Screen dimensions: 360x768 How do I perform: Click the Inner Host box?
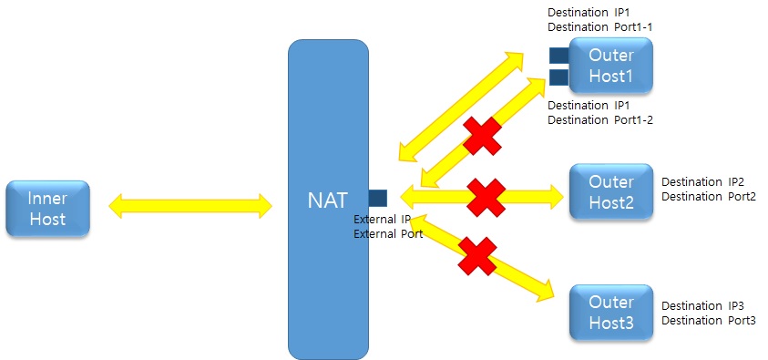coord(47,208)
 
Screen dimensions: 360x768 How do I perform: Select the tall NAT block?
coord(328,273)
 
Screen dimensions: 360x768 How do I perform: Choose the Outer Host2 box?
coord(610,190)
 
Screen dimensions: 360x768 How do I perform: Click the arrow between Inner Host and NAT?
coord(190,206)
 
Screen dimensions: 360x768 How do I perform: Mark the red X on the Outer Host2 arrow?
coord(486,196)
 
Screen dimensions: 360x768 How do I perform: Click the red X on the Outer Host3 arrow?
coord(476,256)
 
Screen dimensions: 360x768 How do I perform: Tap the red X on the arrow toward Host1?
coord(483,137)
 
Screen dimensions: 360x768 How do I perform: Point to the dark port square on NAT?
coord(378,197)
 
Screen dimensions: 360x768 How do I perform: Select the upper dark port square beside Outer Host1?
coord(558,56)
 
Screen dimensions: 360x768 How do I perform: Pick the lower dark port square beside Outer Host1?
coord(558,77)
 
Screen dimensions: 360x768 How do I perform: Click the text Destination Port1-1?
coord(599,27)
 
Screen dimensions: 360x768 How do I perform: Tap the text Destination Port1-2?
coord(599,119)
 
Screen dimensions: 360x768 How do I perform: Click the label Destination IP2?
coord(702,182)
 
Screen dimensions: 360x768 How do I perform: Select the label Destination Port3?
coord(708,320)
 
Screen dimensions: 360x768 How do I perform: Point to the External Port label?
coord(387,234)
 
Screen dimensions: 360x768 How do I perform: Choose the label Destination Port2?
coord(708,196)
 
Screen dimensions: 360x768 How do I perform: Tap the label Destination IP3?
coord(702,306)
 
